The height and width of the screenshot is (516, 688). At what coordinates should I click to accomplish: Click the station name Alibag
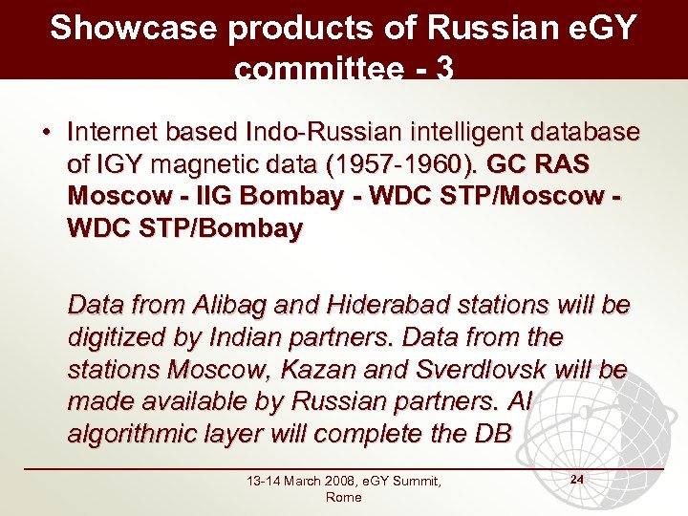(231, 306)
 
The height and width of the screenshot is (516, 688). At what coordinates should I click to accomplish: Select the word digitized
(114, 337)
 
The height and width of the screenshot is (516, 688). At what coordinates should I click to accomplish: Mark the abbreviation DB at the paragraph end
(495, 433)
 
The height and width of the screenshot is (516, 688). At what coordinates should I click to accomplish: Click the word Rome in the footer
(343, 498)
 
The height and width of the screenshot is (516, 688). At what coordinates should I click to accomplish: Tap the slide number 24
(576, 477)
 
